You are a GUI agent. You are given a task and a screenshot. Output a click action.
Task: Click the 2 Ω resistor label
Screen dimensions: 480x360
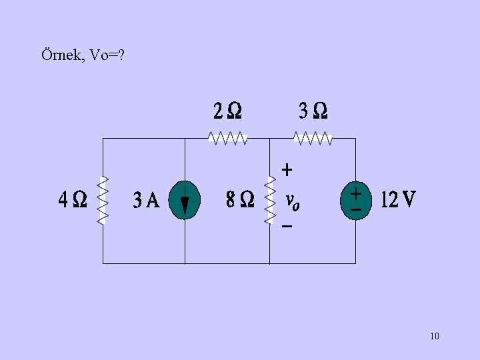(227, 110)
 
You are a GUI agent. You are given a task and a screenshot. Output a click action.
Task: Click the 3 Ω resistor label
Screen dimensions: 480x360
(313, 110)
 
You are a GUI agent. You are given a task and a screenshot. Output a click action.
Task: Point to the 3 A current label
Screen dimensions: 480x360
(147, 199)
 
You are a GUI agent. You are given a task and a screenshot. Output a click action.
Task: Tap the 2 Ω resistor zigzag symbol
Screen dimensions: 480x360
(228, 138)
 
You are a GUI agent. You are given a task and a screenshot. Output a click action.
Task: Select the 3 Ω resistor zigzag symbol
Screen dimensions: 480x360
(313, 138)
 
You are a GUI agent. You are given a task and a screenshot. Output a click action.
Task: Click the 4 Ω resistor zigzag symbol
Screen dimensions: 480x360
(103, 200)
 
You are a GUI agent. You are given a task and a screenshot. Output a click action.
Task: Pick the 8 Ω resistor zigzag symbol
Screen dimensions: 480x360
(270, 200)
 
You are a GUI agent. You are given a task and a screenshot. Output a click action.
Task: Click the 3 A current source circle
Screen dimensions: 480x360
(185, 201)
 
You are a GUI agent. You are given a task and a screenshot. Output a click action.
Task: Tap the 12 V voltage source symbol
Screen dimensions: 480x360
(356, 200)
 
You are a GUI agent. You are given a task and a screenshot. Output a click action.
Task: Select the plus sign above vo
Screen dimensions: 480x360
(287, 170)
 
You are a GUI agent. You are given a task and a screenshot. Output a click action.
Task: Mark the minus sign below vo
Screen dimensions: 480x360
(287, 227)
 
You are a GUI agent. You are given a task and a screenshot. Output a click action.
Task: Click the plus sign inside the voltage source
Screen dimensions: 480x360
(357, 193)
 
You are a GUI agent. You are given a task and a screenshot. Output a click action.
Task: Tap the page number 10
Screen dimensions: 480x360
(435, 336)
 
